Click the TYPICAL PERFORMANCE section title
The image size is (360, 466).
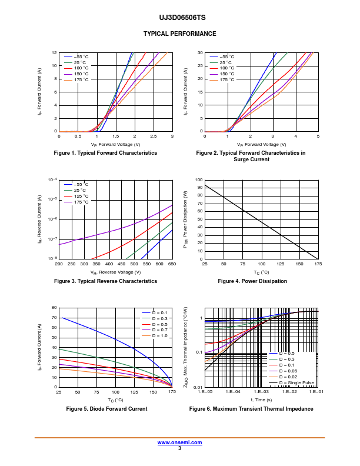179,34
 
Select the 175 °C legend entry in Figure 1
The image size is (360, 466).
81,80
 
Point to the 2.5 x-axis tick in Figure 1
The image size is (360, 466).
154,136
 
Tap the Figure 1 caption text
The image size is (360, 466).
105,153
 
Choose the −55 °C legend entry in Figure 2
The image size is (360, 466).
227,56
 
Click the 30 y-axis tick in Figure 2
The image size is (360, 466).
200,53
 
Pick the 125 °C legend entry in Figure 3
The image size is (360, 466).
81,196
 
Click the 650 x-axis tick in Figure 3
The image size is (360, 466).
172,264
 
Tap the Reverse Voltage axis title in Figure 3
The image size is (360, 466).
115,272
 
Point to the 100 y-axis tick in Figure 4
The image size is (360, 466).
199,180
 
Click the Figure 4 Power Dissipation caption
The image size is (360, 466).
252,281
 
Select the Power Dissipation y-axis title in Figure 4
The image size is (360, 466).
185,219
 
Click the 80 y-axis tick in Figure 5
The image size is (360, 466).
54,308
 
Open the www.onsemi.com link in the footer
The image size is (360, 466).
179,442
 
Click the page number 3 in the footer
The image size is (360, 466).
179,448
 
